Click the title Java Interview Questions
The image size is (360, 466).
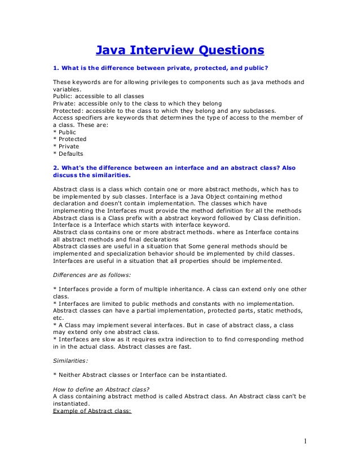(x=179, y=51)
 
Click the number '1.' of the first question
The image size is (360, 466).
(x=55, y=69)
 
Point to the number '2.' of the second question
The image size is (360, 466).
(x=55, y=168)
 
